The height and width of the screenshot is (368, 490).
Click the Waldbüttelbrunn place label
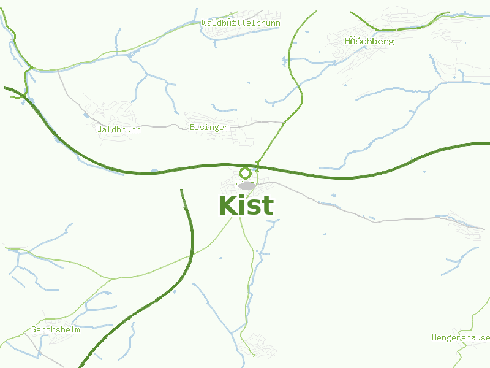tap(241, 23)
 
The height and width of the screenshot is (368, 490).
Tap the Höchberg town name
tap(369, 41)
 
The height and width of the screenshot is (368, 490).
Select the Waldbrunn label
tap(118, 129)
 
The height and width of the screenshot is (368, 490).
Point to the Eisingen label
tap(209, 127)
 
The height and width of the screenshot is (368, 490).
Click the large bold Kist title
tap(246, 206)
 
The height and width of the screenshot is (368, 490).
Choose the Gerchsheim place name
tap(56, 329)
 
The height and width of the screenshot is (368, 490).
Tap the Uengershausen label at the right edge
tap(461, 337)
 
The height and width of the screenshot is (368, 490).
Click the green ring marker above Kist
tap(245, 173)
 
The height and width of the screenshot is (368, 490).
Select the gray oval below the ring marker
tap(246, 185)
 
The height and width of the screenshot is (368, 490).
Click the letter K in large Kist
tap(229, 206)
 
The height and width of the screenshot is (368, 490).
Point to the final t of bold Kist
tap(268, 206)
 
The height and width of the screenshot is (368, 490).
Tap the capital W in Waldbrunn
tap(99, 129)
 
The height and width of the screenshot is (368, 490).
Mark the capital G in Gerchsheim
tap(34, 329)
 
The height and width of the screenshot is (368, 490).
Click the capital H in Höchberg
tap(347, 41)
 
